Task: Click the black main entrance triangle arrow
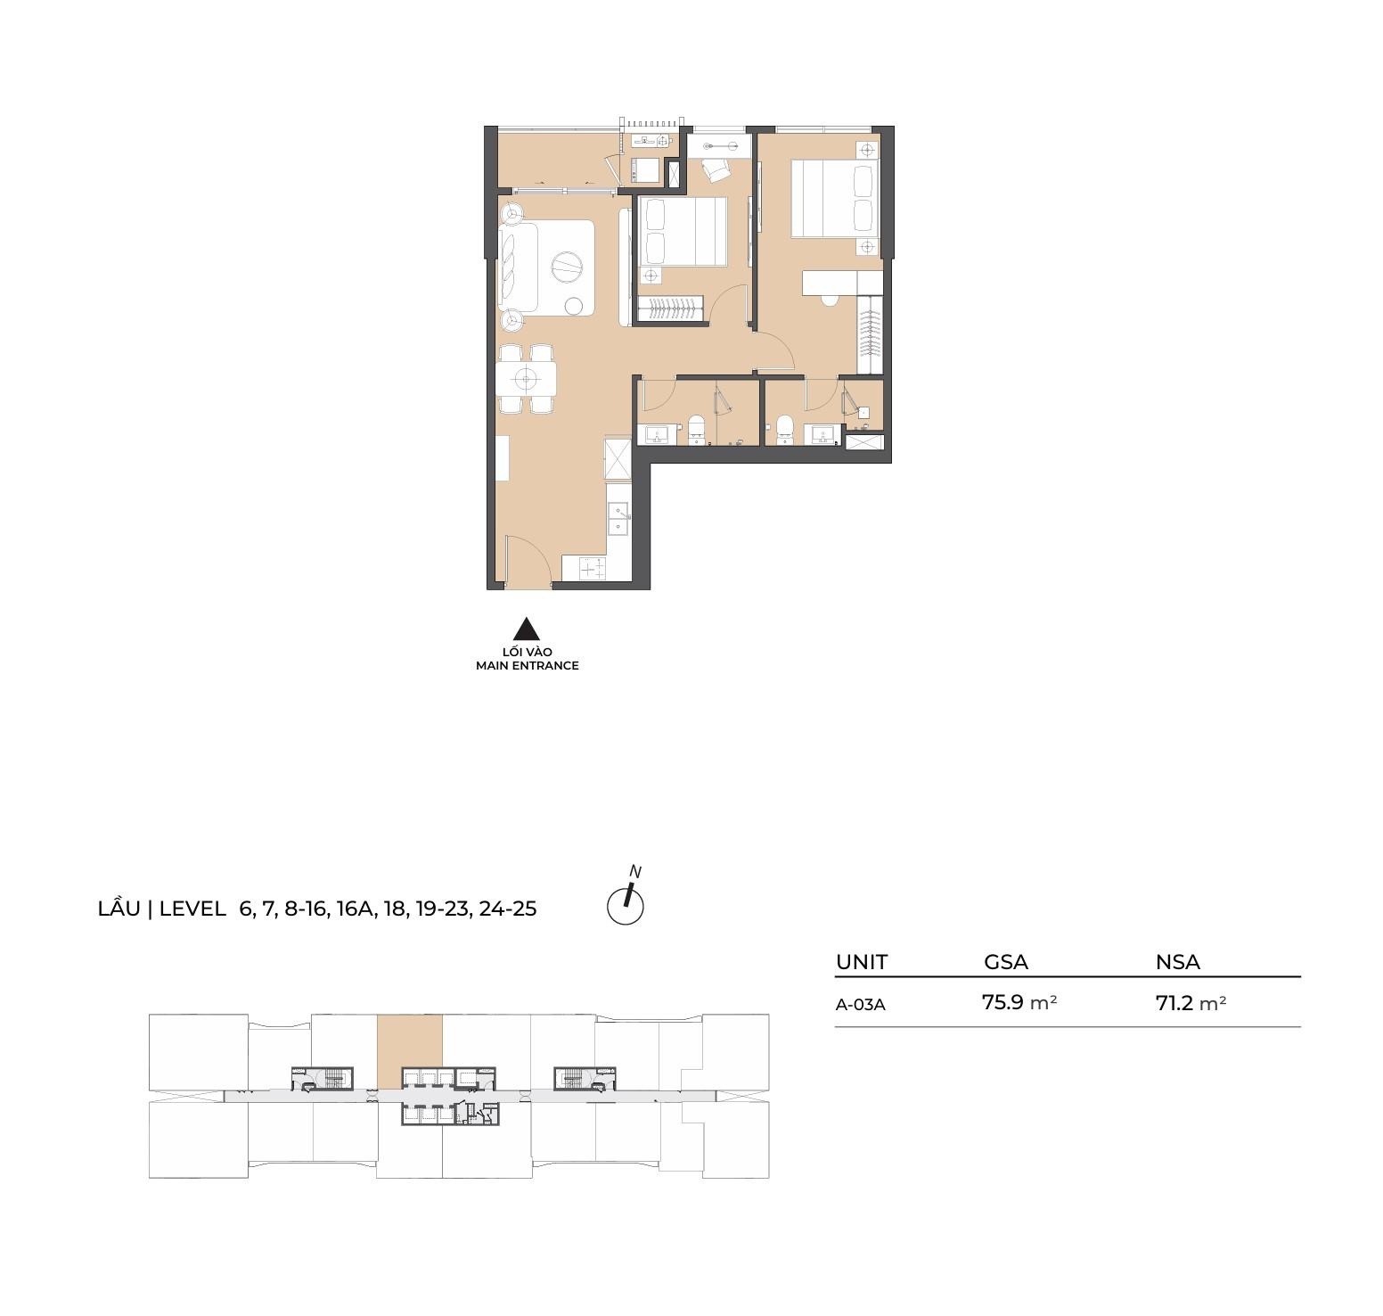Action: (528, 629)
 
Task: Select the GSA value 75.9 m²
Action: (1019, 1002)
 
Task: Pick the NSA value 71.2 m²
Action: (1191, 1003)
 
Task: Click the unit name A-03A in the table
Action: (861, 1004)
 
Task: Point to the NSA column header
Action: (1178, 962)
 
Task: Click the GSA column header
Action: (1006, 962)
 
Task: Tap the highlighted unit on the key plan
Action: (410, 1051)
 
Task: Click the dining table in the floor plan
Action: (527, 380)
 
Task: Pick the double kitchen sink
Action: (618, 518)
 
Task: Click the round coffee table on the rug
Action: (566, 265)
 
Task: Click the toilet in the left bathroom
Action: (696, 428)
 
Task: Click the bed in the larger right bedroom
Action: (836, 198)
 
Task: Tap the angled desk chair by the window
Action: (715, 169)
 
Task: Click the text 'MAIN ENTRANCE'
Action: (528, 665)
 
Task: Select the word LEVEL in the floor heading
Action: (192, 909)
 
